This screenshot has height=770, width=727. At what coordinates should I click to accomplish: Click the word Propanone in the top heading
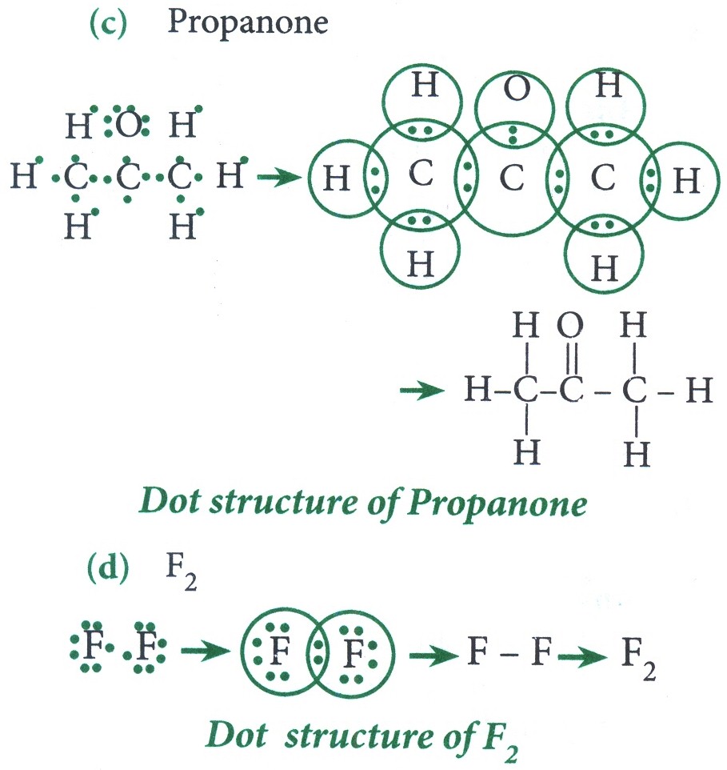(x=248, y=23)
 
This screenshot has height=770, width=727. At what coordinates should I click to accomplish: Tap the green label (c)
(x=107, y=23)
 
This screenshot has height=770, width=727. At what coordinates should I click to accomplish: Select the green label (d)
(x=108, y=568)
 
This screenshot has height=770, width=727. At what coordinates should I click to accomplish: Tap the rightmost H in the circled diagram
(x=685, y=180)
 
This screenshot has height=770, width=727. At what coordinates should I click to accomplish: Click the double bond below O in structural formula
(x=572, y=359)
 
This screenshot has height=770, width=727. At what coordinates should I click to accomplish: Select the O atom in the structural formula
(x=570, y=325)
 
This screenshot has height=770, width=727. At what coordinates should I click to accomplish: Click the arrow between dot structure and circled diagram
(x=278, y=177)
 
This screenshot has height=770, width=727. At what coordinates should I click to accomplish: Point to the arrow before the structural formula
(x=422, y=391)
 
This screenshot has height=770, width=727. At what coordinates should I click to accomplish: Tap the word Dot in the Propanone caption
(x=169, y=502)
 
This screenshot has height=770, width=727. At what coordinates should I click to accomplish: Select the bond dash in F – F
(x=510, y=654)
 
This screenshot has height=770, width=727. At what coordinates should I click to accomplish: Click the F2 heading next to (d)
(x=182, y=571)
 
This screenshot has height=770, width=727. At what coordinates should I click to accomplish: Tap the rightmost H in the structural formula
(x=698, y=391)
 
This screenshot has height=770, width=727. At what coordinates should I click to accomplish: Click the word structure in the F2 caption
(x=360, y=737)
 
